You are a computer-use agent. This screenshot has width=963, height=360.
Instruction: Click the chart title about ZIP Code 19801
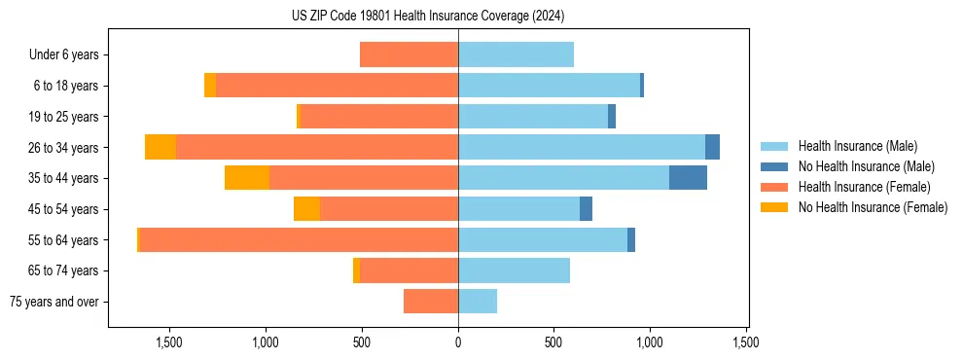(x=428, y=17)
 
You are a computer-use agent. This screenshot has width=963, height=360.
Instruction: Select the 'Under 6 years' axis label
(x=64, y=54)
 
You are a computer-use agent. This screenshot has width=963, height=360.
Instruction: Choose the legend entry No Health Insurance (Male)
(x=866, y=166)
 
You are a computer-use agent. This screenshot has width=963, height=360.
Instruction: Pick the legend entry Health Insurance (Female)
(x=864, y=187)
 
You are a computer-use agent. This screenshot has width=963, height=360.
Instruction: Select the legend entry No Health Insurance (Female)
(x=873, y=207)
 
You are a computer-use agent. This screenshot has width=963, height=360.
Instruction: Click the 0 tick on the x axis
(x=458, y=342)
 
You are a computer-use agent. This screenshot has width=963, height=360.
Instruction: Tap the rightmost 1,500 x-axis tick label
(x=746, y=342)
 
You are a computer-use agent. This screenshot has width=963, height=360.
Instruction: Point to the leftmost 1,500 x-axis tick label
(x=170, y=342)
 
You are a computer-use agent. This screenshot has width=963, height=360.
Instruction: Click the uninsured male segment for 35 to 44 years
(x=688, y=178)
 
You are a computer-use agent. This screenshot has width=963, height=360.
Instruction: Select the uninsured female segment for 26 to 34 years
(x=160, y=147)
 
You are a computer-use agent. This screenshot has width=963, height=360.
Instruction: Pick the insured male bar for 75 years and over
(x=478, y=302)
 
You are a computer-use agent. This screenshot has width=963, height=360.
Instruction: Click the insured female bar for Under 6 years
(x=409, y=54)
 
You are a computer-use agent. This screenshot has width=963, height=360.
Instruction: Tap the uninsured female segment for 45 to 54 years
(x=306, y=209)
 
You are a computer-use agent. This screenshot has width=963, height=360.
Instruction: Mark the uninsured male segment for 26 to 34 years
(x=712, y=147)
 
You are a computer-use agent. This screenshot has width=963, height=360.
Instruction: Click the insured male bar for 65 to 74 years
(x=514, y=270)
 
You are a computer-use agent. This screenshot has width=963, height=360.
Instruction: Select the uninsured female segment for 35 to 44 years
(x=247, y=178)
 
